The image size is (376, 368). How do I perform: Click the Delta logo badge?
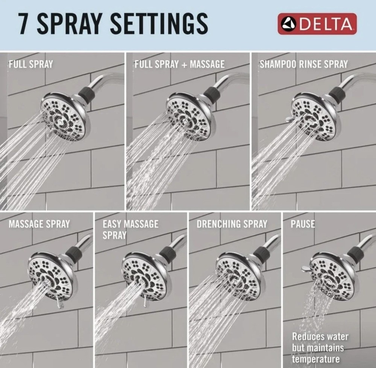pyautogui.click(x=317, y=24)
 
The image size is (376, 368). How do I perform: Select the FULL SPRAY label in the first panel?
pyautogui.click(x=31, y=64)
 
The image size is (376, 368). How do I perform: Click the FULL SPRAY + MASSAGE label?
pyautogui.click(x=179, y=64)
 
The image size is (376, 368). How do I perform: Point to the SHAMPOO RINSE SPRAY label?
pyautogui.click(x=303, y=64)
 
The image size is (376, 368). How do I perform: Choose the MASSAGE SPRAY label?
pyautogui.click(x=39, y=224)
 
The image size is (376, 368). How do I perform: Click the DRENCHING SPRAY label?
pyautogui.click(x=232, y=224)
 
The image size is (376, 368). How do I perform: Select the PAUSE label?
pyautogui.click(x=302, y=224)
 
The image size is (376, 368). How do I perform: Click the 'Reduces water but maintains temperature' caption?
pyautogui.click(x=320, y=347)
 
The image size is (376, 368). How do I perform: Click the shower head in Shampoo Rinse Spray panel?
pyautogui.click(x=315, y=117)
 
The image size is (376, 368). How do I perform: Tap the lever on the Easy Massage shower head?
pyautogui.click(x=145, y=301)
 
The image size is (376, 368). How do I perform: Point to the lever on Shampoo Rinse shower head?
pyautogui.click(x=288, y=119)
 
